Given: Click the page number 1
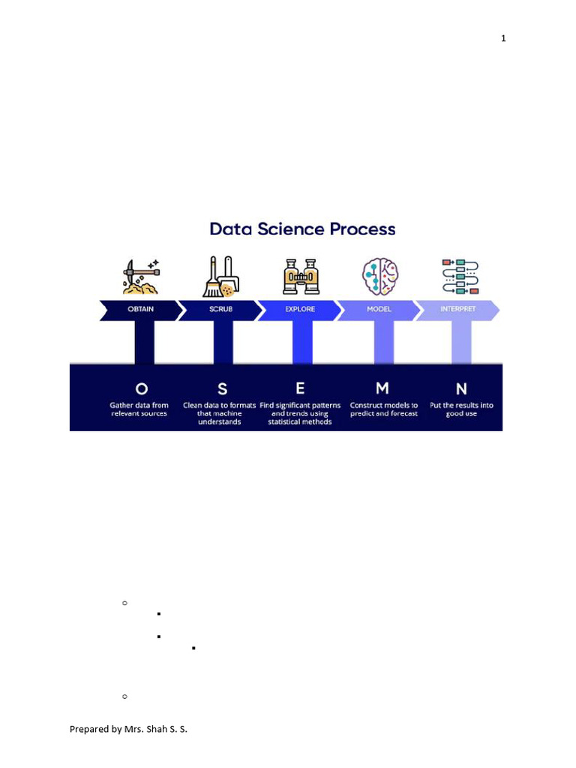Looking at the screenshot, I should (504, 38).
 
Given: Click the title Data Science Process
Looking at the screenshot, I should (302, 229).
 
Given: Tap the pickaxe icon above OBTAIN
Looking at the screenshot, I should (141, 276).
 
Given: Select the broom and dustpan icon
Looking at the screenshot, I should (221, 276).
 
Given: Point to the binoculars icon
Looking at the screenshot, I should (300, 276).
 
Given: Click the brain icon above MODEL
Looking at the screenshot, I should (380, 276).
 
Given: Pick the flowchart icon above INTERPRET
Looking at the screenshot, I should (460, 276).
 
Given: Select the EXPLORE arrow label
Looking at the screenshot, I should (299, 310).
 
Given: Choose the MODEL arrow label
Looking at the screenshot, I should (379, 310).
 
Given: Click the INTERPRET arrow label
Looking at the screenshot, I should (457, 310).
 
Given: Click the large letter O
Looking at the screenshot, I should (141, 388).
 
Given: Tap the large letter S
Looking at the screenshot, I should (222, 388).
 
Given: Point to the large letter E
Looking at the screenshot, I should (300, 388).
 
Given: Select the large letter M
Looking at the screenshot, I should (382, 388).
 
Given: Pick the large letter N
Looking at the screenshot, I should (461, 388).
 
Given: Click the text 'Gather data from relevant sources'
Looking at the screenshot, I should (139, 409).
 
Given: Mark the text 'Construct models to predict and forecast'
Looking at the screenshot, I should (384, 409).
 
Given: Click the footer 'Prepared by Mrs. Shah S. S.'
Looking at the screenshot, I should (128, 728).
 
